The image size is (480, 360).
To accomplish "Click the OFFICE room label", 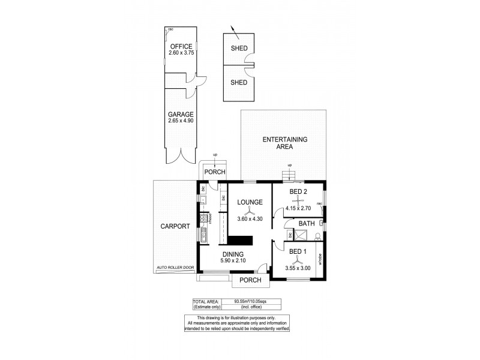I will pyautogui.click(x=181, y=47).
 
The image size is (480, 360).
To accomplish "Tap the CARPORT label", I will pyautogui.click(x=175, y=226).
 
